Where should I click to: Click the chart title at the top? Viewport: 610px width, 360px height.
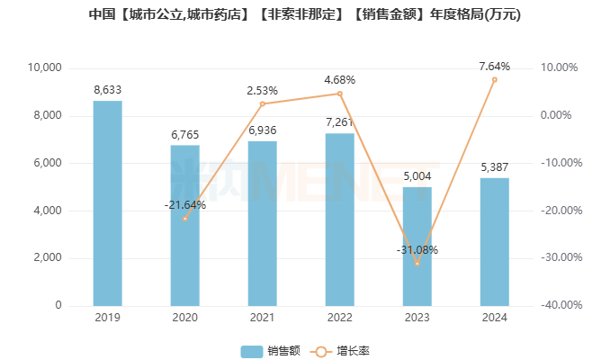tap(305, 15)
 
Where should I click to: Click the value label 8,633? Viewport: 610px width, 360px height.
tap(108, 90)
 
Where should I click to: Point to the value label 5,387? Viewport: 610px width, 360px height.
tap(494, 167)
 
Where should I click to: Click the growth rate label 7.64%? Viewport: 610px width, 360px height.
tap(495, 67)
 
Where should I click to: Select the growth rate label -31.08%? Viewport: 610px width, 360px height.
tap(417, 249)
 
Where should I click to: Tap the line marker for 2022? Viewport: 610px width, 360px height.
tap(340, 94)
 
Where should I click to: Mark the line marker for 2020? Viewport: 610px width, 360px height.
tap(185, 219)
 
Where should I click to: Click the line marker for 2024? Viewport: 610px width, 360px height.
tap(494, 79)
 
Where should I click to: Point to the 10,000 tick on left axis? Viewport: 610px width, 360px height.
tap(43, 67)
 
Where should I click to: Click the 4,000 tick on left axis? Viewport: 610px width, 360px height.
tap(46, 211)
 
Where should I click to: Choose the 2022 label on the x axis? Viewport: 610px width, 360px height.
tap(340, 318)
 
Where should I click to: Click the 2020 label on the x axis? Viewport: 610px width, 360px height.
tap(185, 318)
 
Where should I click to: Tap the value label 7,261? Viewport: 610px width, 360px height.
tap(340, 121)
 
